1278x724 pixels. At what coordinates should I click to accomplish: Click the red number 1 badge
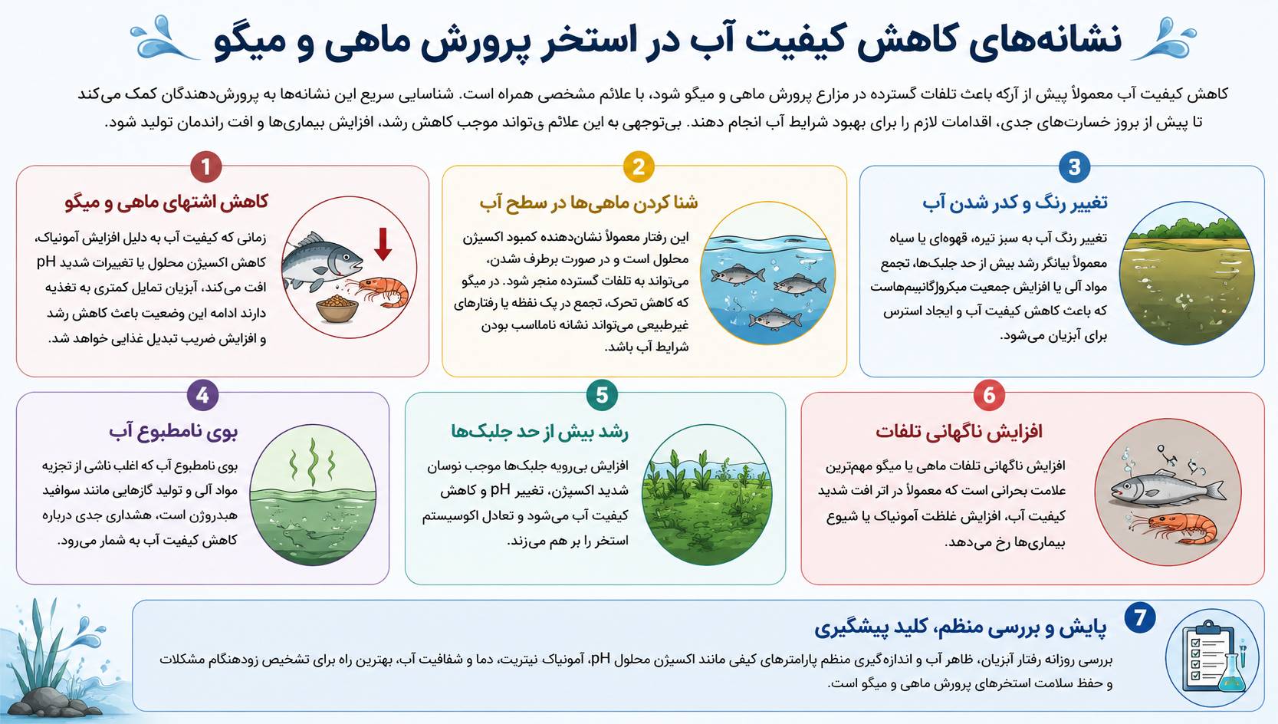tap(206, 166)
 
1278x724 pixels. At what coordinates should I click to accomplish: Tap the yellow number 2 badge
tap(639, 166)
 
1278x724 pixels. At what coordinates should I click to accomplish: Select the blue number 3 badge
tap(1074, 166)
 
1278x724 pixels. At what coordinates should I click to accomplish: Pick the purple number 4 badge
tap(202, 395)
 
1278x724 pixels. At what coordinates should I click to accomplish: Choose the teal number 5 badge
tap(602, 395)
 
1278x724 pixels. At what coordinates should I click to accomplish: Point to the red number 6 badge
tap(989, 395)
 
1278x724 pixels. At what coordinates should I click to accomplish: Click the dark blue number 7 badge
tap(1140, 618)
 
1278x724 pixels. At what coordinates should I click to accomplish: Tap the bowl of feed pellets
tap(337, 309)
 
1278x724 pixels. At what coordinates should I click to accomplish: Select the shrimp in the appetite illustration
tap(381, 291)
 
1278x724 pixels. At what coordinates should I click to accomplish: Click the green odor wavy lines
tap(312, 462)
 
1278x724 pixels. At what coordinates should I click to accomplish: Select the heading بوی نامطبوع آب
tap(173, 432)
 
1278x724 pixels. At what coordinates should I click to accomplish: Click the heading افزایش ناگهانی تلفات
tap(959, 432)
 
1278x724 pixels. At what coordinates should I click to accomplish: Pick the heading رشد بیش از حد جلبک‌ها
tap(540, 432)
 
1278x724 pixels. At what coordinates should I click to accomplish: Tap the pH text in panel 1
tap(46, 262)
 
